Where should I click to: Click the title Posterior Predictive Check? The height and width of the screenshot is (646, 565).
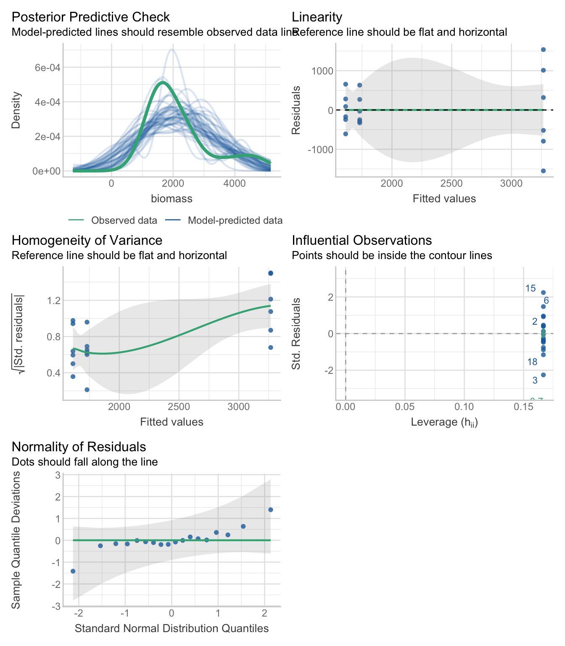[x=90, y=17]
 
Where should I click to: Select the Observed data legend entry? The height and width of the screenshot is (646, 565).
[x=124, y=220]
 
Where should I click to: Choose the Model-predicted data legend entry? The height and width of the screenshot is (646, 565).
[x=235, y=220]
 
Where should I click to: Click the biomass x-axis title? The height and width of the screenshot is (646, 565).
[x=172, y=199]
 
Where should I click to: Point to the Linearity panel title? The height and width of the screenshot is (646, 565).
[x=317, y=17]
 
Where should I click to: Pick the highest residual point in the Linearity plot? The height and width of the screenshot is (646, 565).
[x=543, y=50]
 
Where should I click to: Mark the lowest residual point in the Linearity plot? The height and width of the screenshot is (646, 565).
[x=543, y=171]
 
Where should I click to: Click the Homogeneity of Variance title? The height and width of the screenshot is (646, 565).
[x=87, y=240]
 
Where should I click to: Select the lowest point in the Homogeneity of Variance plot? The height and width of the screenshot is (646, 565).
[x=87, y=390]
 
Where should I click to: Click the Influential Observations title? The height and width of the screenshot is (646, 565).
[x=362, y=240]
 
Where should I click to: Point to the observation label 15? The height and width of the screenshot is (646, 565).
[x=531, y=289]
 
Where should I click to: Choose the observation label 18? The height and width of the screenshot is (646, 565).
[x=532, y=362]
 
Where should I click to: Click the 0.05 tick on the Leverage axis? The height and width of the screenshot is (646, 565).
[x=405, y=407]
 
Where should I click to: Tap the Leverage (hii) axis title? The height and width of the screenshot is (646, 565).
[x=444, y=422]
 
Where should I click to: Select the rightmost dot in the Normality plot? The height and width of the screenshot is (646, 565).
[x=271, y=510]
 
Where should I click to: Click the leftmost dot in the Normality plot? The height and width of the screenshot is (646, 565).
[x=73, y=571]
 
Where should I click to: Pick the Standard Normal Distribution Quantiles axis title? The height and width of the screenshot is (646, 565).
[x=172, y=628]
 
